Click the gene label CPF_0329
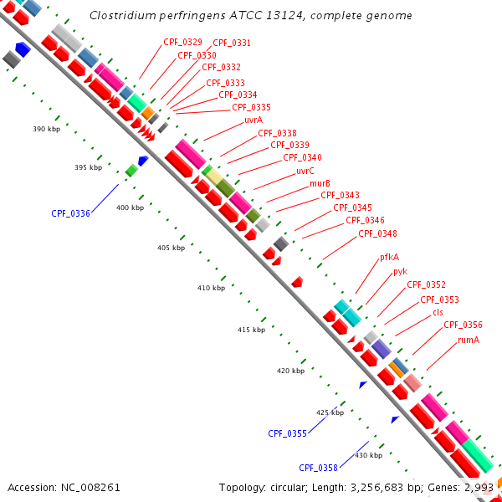pos(182,41)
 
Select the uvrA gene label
pos(254,120)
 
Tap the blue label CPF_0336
pos(70,213)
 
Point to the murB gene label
pos(320,183)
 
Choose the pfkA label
pos(389,258)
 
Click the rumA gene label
pos(469,341)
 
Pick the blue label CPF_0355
pos(287,433)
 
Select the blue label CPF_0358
pos(318,468)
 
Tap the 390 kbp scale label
pos(47,130)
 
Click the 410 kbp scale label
pos(212,288)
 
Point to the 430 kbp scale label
pos(369,455)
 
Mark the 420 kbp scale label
pos(290,371)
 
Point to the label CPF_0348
pos(377,233)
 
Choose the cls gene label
pos(438,312)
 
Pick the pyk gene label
pos(400,271)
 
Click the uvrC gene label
pos(305,171)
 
